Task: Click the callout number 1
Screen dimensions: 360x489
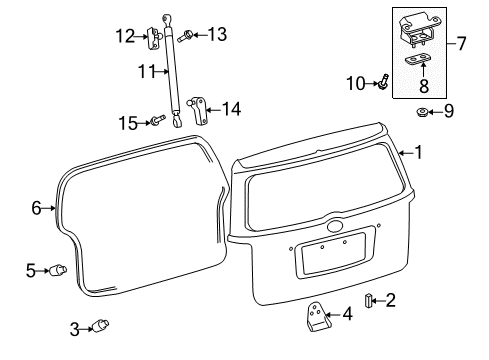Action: click(x=419, y=153)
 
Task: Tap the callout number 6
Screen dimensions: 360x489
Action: click(x=37, y=208)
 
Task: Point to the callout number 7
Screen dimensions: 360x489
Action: click(x=462, y=44)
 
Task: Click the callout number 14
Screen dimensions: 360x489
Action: click(x=232, y=109)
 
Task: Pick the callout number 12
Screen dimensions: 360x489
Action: click(x=125, y=37)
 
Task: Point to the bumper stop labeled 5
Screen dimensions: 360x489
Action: click(x=59, y=269)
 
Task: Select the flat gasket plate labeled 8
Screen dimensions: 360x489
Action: click(x=412, y=60)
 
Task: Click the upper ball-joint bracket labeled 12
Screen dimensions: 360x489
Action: click(x=155, y=39)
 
